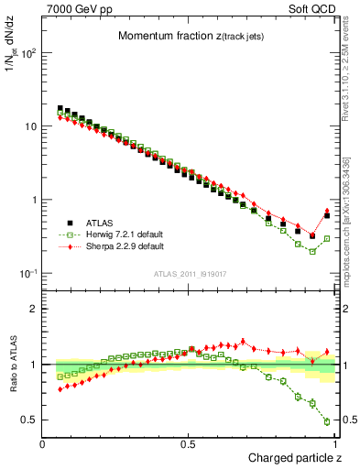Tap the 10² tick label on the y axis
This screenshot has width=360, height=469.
(x=27, y=53)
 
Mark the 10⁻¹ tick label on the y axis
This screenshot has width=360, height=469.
(x=27, y=274)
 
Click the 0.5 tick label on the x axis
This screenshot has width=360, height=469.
(x=189, y=444)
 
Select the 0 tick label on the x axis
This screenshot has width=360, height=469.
(x=43, y=444)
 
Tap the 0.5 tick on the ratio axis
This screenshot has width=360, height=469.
(x=29, y=420)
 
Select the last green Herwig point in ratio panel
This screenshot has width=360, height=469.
(x=327, y=421)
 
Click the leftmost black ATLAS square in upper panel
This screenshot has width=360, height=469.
(x=60, y=108)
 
